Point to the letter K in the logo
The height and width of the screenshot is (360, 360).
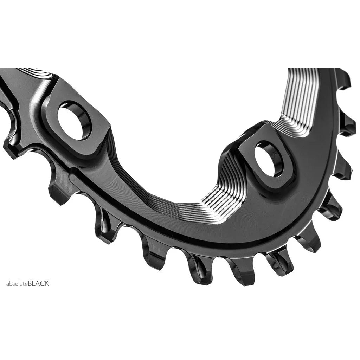click(47, 284)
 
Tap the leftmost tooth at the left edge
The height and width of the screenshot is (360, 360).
click(11, 148)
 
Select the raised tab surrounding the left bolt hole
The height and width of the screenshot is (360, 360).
click(76, 137)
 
